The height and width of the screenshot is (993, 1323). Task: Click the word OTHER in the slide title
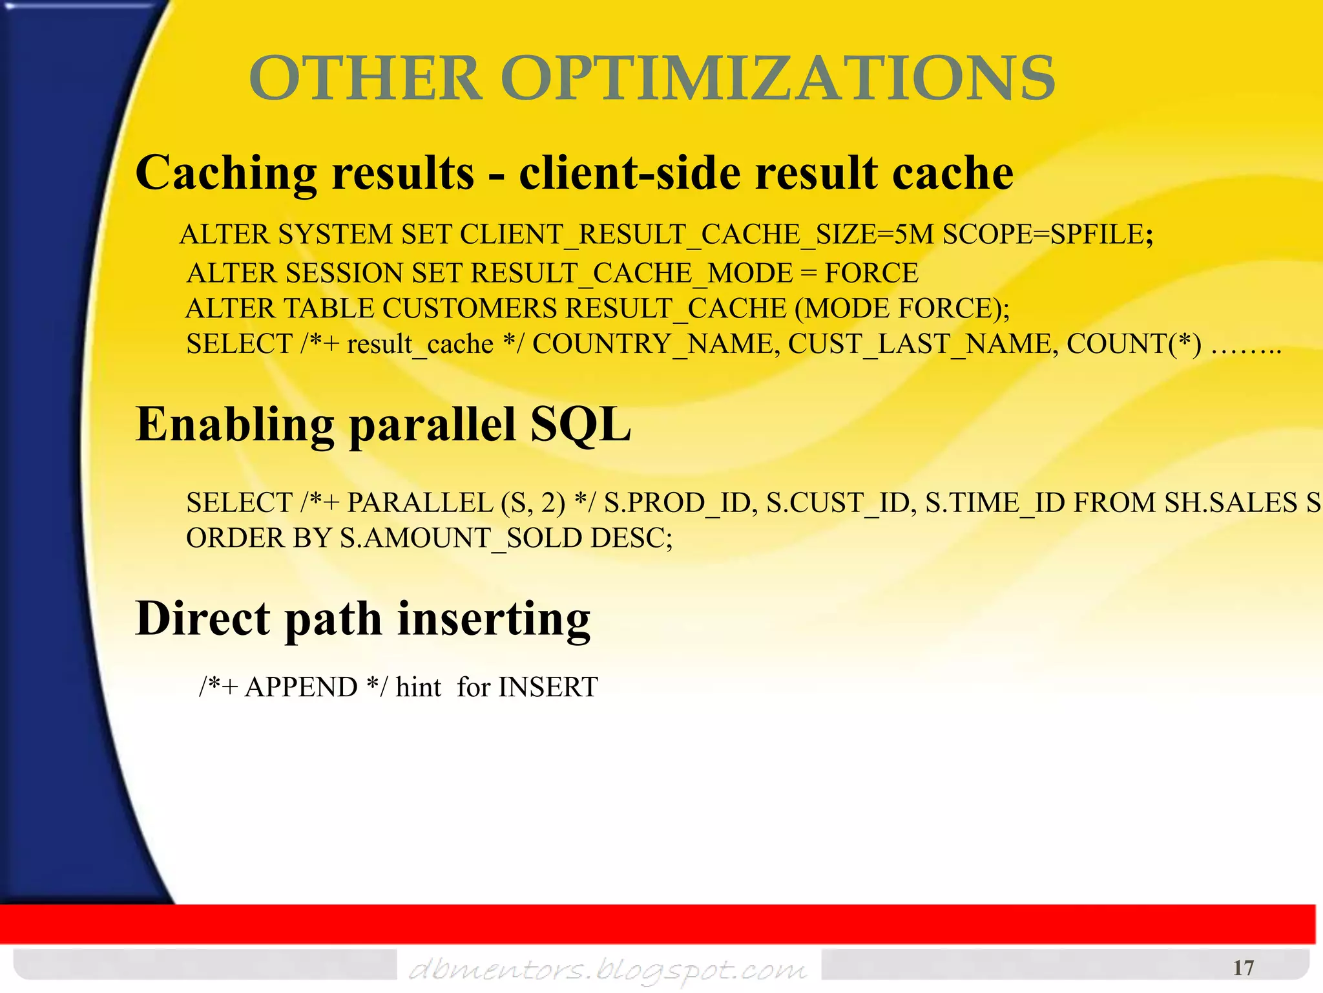pyautogui.click(x=366, y=78)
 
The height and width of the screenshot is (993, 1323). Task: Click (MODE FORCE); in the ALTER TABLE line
pyautogui.click(x=902, y=308)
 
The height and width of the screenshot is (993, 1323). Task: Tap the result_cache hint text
pyautogui.click(x=420, y=344)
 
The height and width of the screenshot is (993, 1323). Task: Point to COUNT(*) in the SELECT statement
pyautogui.click(x=1134, y=344)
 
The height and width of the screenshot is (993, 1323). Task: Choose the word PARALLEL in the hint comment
pyautogui.click(x=420, y=503)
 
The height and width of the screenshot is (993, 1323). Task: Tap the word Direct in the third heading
pyautogui.click(x=202, y=619)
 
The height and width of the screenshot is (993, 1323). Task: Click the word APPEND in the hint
pyautogui.click(x=300, y=687)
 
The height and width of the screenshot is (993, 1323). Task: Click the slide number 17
pyautogui.click(x=1243, y=968)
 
